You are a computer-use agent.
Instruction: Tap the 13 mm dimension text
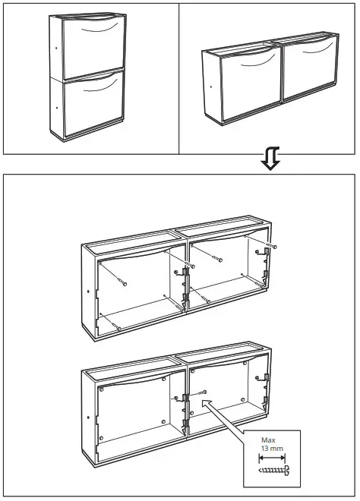tap(271, 450)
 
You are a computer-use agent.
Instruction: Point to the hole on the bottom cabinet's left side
tap(90, 416)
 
